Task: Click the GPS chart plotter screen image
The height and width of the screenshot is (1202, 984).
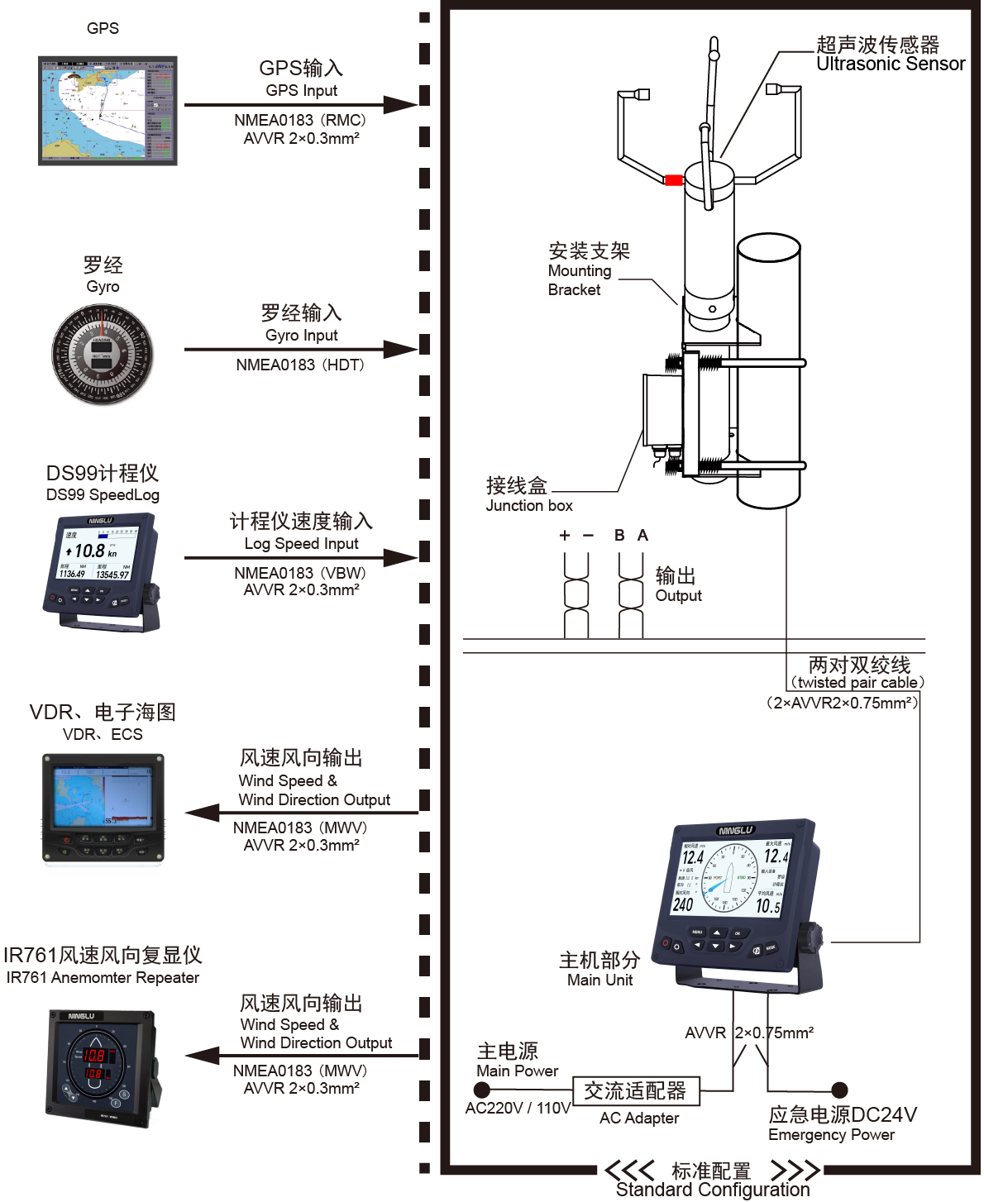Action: (x=107, y=111)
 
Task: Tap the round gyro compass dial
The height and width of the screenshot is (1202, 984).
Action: (x=102, y=354)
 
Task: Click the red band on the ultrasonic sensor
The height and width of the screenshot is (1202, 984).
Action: (x=674, y=180)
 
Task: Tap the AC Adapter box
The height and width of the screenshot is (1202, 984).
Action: (x=635, y=1091)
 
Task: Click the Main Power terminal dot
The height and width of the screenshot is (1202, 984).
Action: (x=482, y=1090)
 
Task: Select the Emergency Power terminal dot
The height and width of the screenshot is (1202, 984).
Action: (x=839, y=1090)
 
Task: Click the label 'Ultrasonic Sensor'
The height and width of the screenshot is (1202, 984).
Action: (x=891, y=64)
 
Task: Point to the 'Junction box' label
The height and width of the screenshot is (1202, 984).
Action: (x=529, y=505)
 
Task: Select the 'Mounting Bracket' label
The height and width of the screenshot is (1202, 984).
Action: (x=580, y=279)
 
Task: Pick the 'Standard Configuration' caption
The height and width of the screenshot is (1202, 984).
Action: (x=713, y=1190)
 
